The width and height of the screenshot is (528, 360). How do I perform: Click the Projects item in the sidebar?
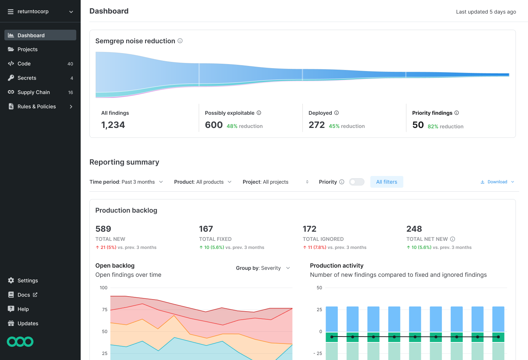27,49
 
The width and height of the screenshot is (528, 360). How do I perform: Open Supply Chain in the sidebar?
33,92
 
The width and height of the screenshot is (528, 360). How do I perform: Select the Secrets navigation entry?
27,78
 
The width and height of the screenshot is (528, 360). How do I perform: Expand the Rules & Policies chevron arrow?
71,107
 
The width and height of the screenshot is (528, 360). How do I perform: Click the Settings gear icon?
11,280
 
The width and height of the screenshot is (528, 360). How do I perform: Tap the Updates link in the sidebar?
28,323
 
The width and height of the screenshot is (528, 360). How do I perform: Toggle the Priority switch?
356,182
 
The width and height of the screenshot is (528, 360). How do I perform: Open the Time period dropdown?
126,182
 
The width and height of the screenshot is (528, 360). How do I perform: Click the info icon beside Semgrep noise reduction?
180,41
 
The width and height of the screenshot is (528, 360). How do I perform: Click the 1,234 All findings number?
113,125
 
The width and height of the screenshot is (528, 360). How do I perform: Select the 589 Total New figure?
103,229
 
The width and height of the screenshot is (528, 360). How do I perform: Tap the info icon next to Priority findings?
456,113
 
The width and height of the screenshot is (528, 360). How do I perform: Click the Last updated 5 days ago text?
486,12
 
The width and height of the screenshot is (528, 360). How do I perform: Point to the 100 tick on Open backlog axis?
104,288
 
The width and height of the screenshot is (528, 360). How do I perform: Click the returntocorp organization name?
33,11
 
